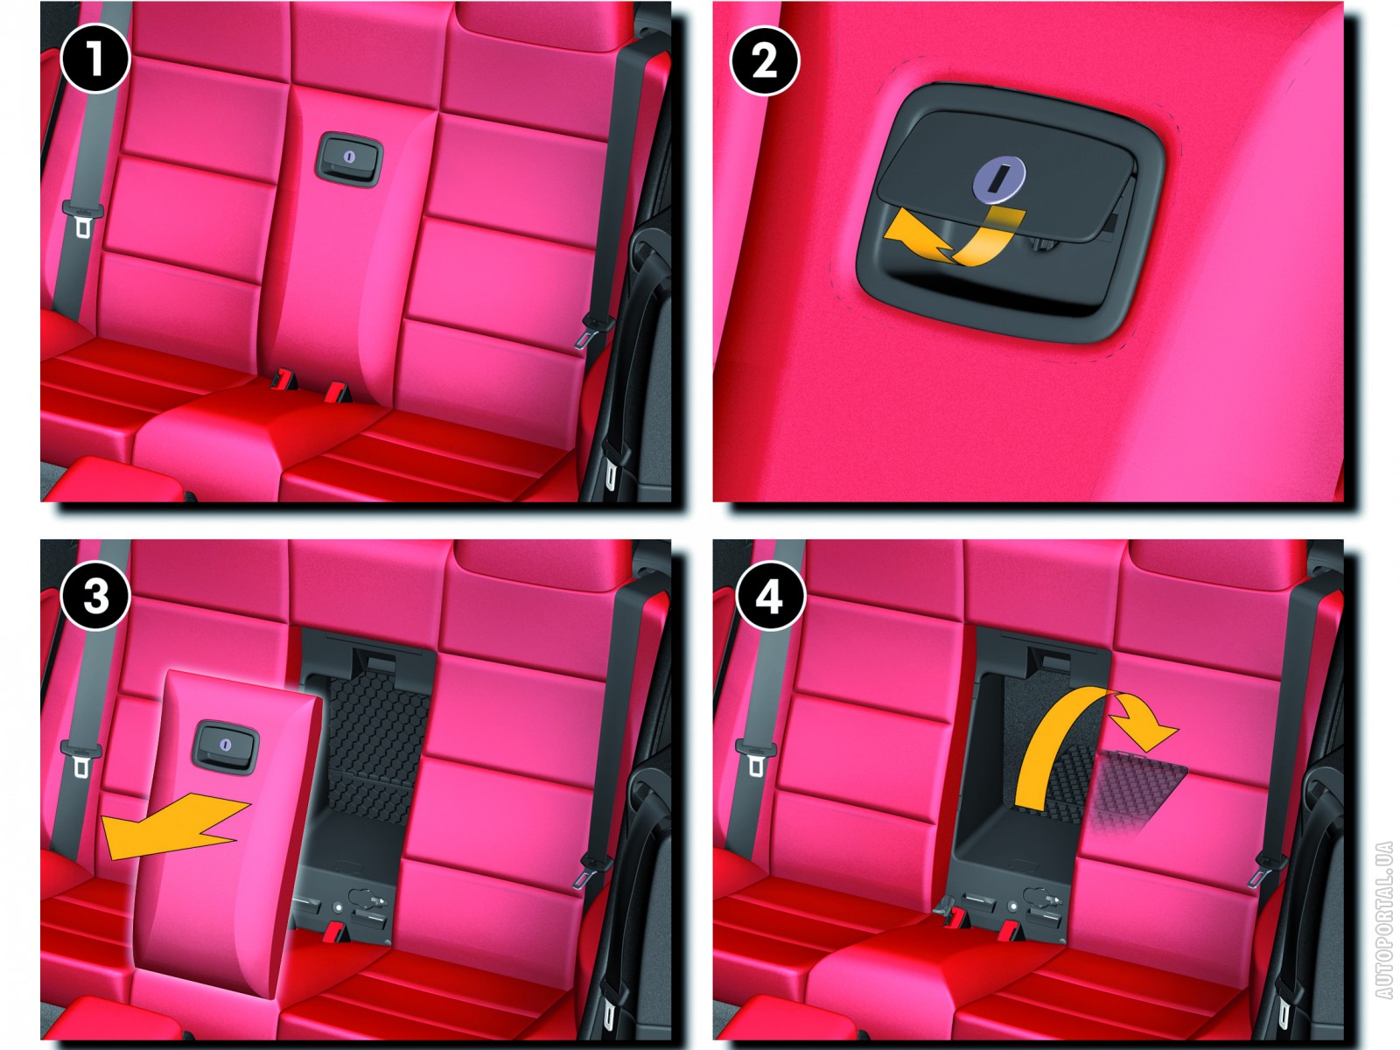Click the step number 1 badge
point(95,59)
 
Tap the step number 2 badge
point(764,61)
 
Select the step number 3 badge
point(95,597)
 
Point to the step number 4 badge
point(770,597)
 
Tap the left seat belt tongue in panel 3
point(81,759)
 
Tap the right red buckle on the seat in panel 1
point(337,391)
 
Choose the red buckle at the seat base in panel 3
point(337,932)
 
